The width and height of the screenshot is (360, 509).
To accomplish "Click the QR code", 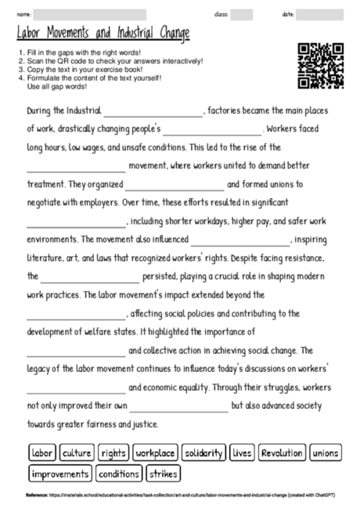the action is click(x=321, y=66).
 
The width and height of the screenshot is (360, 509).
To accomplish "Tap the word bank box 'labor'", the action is click(x=41, y=453).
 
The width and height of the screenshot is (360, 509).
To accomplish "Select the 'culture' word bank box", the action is click(x=77, y=453).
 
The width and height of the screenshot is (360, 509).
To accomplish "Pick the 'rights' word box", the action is click(x=113, y=453).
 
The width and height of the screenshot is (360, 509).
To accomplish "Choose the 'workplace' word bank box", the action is click(x=154, y=453).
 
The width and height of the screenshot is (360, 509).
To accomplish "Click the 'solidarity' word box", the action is click(x=204, y=453).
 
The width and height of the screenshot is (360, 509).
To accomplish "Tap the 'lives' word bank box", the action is click(x=243, y=453).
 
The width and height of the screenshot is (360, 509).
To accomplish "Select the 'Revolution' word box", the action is click(x=282, y=453).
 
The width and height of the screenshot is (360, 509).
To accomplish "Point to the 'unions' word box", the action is click(x=326, y=453).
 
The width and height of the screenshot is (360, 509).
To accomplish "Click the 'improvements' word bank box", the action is click(x=60, y=474).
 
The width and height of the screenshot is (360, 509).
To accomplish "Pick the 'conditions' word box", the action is click(x=119, y=474).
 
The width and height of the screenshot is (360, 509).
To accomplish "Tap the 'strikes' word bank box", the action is click(x=163, y=474).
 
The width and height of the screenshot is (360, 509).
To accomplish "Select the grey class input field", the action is click(x=242, y=14).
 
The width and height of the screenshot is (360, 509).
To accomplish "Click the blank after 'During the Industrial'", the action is click(x=153, y=113).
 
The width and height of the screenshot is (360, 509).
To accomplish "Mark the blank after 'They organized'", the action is click(x=174, y=186).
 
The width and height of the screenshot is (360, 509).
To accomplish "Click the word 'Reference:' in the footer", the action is click(x=36, y=495).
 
